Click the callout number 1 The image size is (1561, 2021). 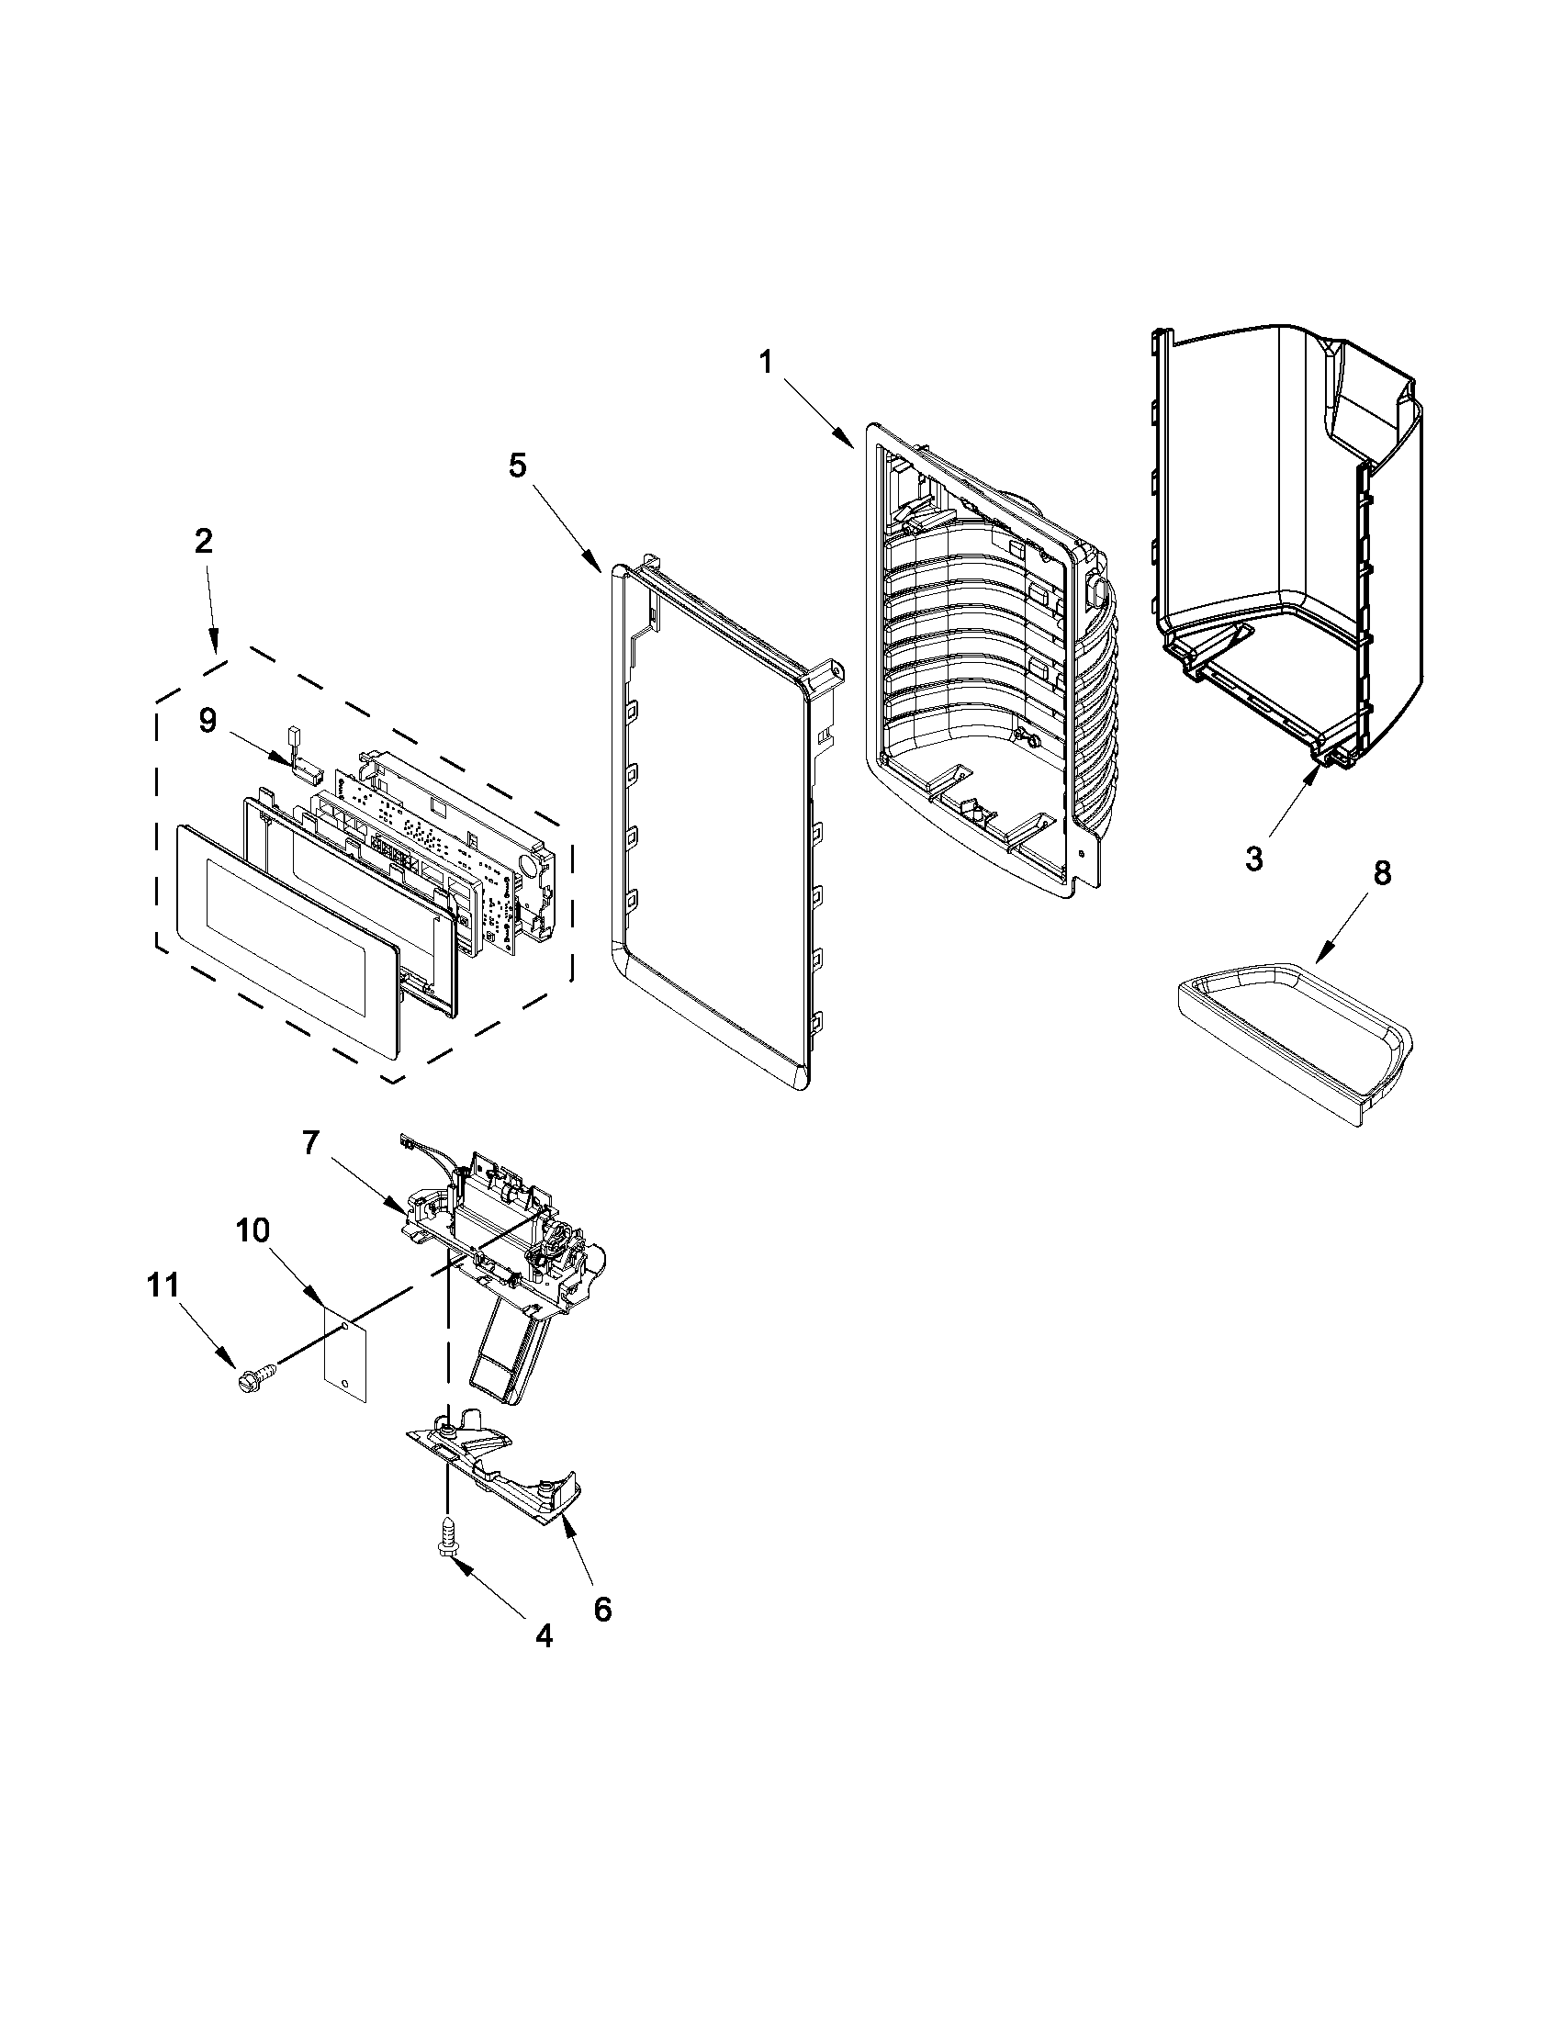tap(765, 362)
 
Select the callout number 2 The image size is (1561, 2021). tap(203, 541)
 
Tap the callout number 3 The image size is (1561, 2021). tap(1252, 859)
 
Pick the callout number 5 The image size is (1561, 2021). tap(517, 466)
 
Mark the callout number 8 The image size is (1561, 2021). tap(1380, 872)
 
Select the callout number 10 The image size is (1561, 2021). tap(253, 1229)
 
